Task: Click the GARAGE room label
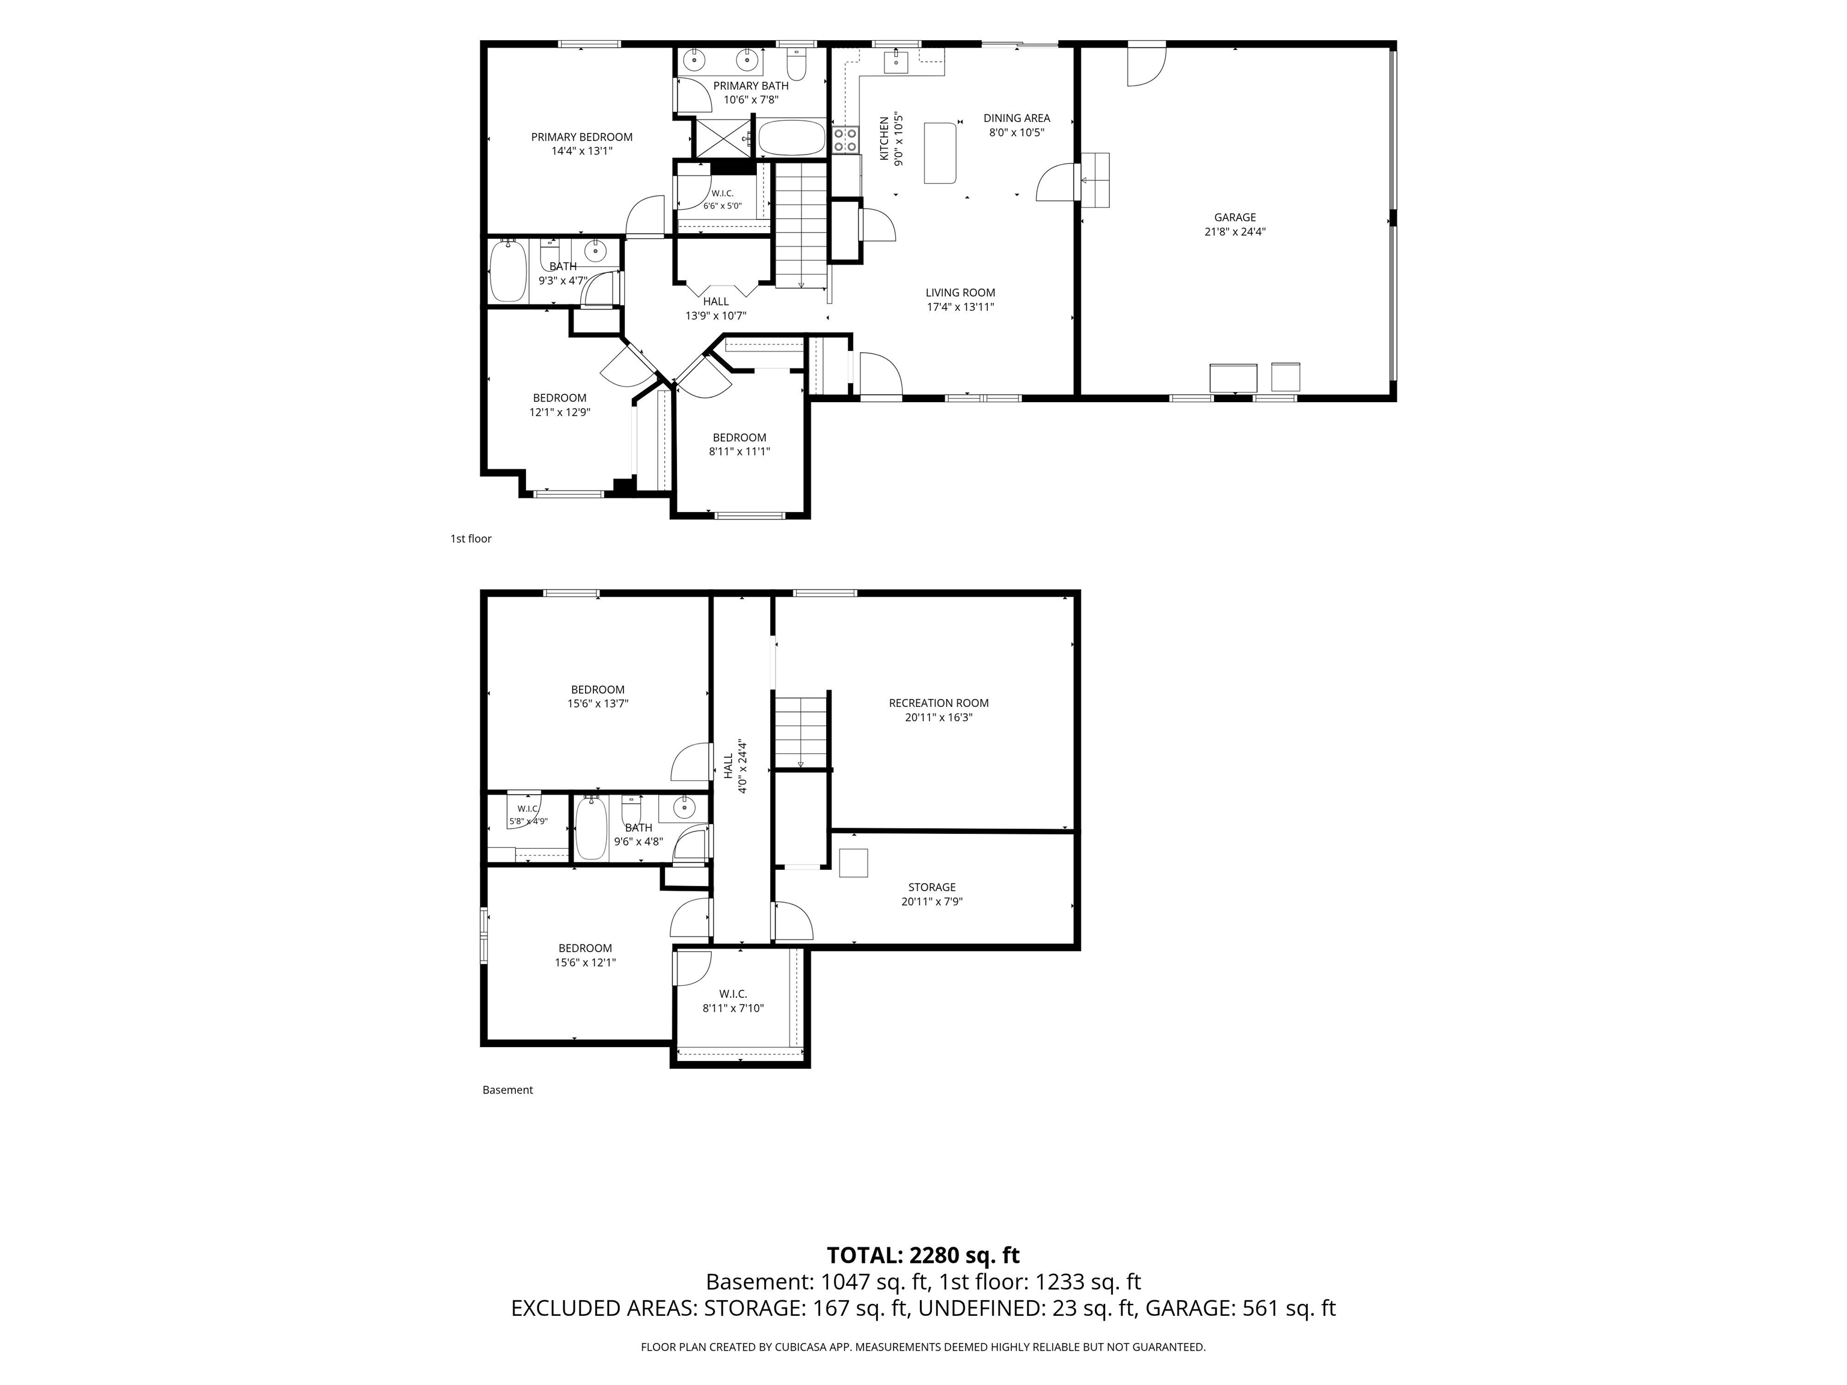pyautogui.click(x=1235, y=218)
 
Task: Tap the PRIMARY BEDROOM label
pyautogui.click(x=582, y=137)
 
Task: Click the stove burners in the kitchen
pyautogui.click(x=845, y=140)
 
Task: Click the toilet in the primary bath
pyautogui.click(x=796, y=64)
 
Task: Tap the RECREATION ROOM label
pyautogui.click(x=939, y=703)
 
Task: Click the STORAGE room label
pyautogui.click(x=932, y=887)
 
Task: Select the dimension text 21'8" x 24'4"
pyautogui.click(x=1235, y=232)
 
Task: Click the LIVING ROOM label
pyautogui.click(x=960, y=293)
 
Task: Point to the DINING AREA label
pyautogui.click(x=1017, y=118)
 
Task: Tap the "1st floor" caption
pyautogui.click(x=471, y=539)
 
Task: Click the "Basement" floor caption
pyautogui.click(x=507, y=1089)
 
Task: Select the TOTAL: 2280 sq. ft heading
pyautogui.click(x=923, y=1256)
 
